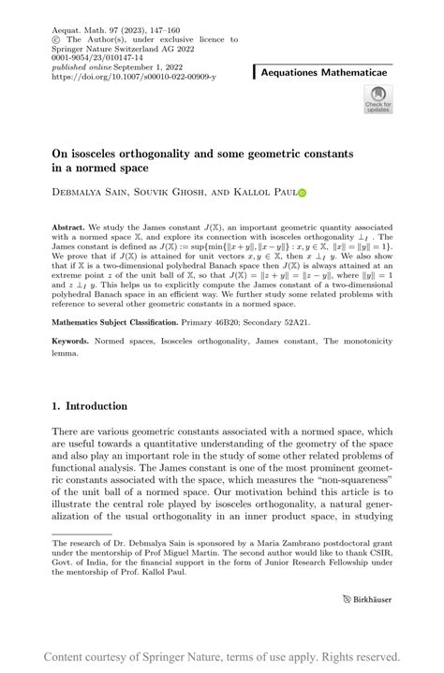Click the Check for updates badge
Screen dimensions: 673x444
pos(377,99)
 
